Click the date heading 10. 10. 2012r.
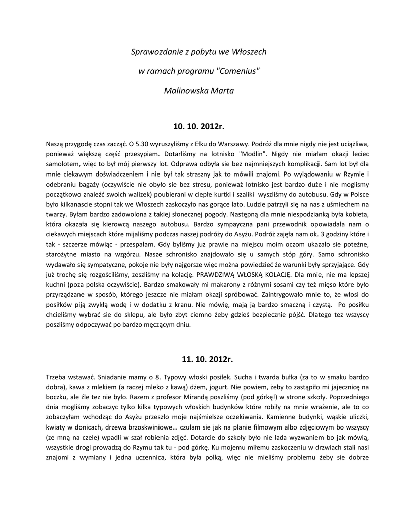click(199, 125)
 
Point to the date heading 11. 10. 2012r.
click(199, 360)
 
